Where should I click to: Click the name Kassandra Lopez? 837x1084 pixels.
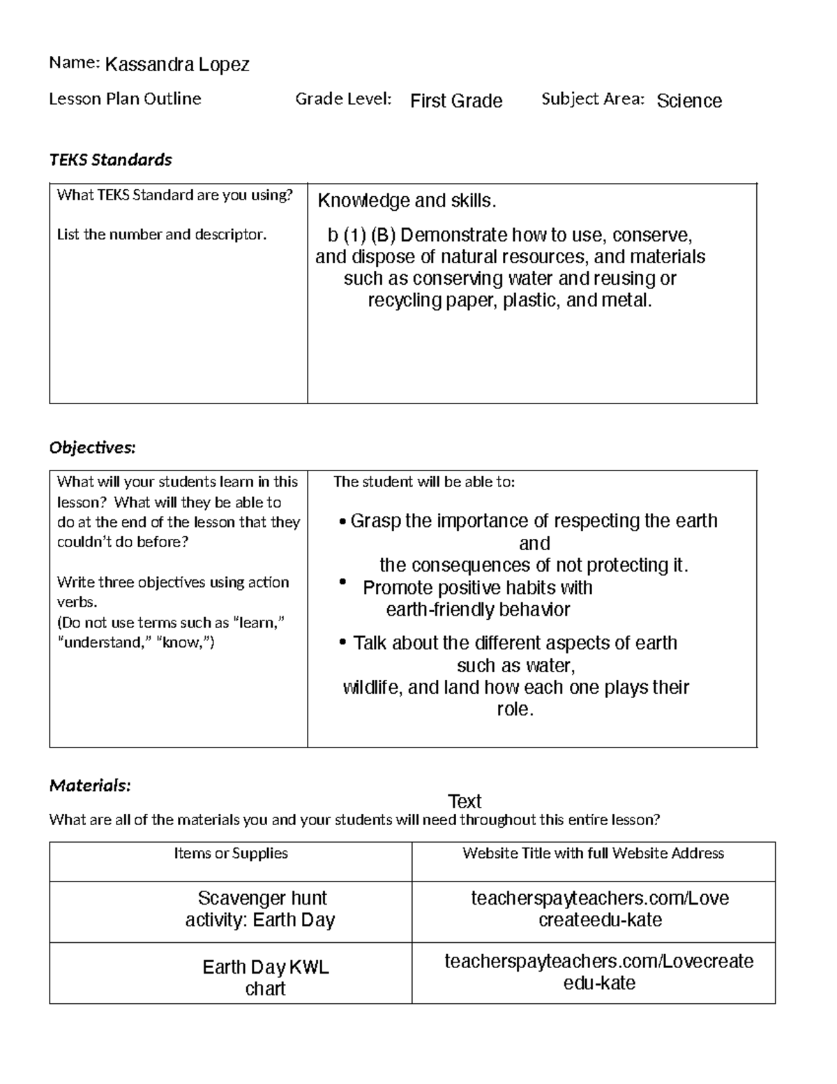pos(176,65)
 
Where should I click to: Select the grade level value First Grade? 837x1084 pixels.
pos(456,101)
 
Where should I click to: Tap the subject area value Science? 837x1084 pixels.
pos(689,101)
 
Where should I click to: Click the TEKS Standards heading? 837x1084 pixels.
pos(110,160)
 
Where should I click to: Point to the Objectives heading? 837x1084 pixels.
pos(92,447)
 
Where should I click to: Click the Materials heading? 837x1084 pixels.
pos(90,786)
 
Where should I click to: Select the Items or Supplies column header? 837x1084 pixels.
pos(231,853)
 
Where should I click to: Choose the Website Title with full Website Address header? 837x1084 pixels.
pos(593,853)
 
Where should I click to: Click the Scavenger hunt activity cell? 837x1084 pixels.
pos(261,909)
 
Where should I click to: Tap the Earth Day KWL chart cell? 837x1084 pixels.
pos(266,977)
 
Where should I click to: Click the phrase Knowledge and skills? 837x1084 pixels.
pos(407,201)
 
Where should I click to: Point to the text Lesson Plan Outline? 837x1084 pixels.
pos(125,99)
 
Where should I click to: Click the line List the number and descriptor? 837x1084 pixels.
pos(162,235)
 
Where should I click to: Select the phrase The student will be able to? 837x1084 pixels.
pos(424,482)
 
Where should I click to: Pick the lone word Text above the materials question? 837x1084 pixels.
pos(465,801)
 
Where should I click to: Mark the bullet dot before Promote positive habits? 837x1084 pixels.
pos(342,582)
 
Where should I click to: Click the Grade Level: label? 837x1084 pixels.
pos(343,99)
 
